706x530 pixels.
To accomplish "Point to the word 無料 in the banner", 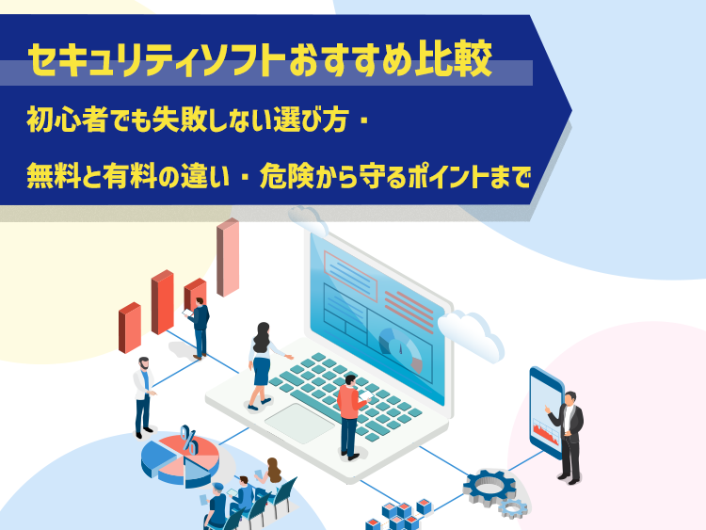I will [x=47, y=175].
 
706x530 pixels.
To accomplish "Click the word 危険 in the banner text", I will [x=296, y=175].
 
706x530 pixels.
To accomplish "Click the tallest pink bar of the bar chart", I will [x=228, y=258].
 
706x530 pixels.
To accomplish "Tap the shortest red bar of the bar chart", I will [x=129, y=328].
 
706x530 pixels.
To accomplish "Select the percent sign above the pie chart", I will [x=189, y=439].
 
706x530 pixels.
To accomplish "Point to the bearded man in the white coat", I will [x=142, y=395].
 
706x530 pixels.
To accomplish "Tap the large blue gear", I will [x=489, y=486].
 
